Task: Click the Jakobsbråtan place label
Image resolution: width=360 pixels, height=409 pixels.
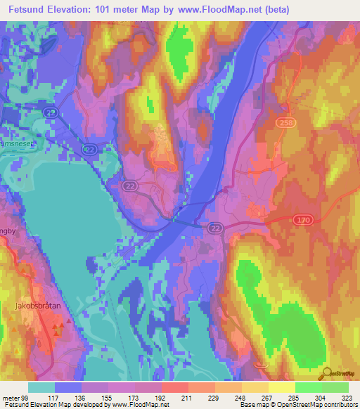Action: click(35, 306)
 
